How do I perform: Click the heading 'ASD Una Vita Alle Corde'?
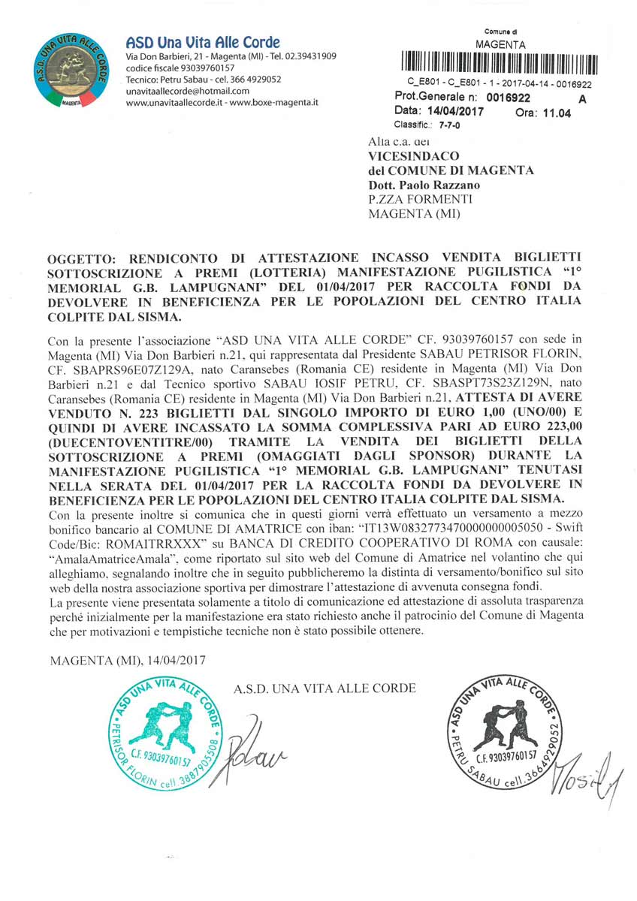click(x=203, y=42)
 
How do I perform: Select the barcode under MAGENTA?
click(x=500, y=65)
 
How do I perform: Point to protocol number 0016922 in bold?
click(x=508, y=98)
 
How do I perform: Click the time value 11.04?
click(x=555, y=113)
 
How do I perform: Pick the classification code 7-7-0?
click(x=450, y=125)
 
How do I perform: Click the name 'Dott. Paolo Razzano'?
click(x=424, y=185)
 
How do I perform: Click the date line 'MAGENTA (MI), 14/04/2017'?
click(x=128, y=660)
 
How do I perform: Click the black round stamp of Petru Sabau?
click(x=503, y=734)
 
